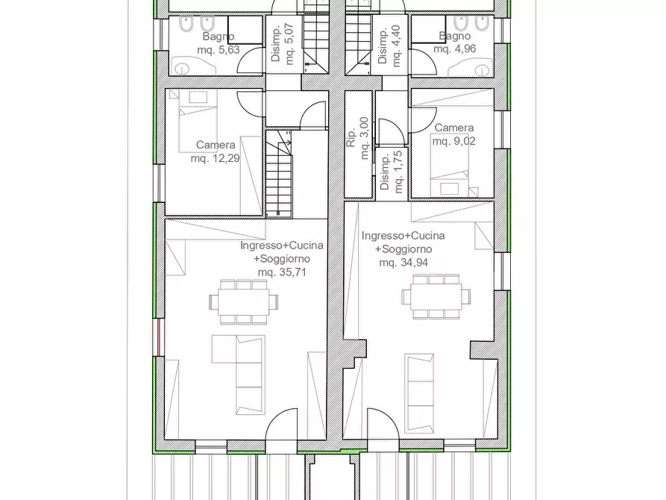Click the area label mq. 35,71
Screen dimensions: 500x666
(282, 272)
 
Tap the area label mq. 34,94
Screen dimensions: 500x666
(403, 263)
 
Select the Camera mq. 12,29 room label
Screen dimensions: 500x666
(216, 151)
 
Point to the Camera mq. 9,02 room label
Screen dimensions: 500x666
(454, 134)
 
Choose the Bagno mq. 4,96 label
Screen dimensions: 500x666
(454, 43)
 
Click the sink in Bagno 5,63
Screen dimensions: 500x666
(180, 66)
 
